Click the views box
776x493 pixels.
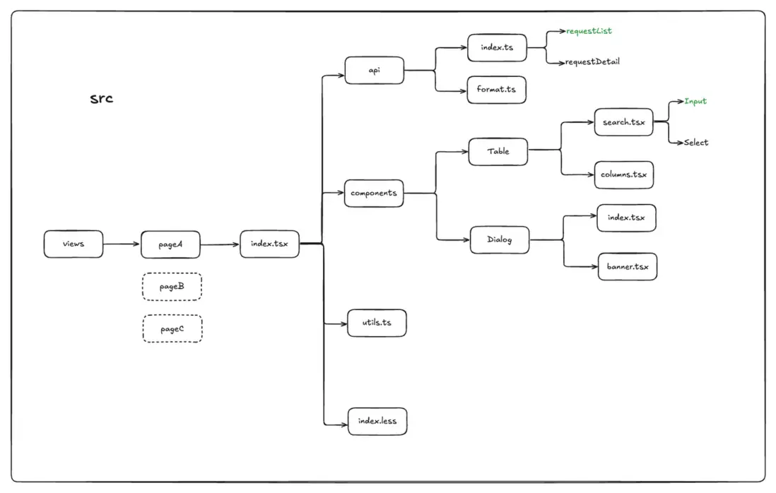point(74,244)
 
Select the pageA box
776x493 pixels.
point(171,244)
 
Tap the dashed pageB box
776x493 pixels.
point(172,287)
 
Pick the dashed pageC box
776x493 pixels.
point(172,329)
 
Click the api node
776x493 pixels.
point(374,71)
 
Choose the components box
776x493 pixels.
point(374,193)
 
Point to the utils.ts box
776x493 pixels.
point(377,323)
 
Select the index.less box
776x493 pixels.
point(377,422)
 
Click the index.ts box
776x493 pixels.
point(497,47)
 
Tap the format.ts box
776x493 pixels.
point(496,90)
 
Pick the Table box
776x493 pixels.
point(498,151)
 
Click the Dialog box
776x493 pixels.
point(500,239)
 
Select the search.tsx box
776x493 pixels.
point(623,122)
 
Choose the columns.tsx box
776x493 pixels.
point(623,174)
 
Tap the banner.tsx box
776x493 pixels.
point(627,267)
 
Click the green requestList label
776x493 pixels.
point(589,31)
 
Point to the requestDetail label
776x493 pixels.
point(592,62)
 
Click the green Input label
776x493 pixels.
point(695,101)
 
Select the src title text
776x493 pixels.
point(102,98)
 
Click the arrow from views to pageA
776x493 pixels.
point(122,244)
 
